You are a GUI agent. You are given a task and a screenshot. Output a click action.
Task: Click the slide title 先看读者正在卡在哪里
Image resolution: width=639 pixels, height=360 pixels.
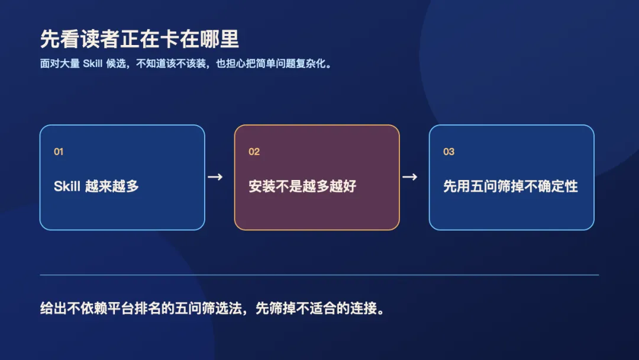140,39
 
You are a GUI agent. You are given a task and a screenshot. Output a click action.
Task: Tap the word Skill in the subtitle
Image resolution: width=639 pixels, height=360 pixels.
92,63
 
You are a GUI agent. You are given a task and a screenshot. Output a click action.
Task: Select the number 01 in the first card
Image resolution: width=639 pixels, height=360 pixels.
59,152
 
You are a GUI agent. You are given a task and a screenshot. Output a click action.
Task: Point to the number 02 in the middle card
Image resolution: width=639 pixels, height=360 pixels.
254,152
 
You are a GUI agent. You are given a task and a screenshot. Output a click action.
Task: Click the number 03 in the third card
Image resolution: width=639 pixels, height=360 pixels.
448,152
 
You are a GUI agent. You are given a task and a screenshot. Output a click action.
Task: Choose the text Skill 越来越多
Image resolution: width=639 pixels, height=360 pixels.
96,187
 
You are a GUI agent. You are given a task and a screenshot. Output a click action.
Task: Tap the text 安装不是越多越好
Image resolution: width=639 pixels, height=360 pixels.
302,187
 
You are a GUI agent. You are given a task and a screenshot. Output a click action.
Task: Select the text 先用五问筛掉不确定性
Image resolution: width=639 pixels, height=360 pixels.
511,187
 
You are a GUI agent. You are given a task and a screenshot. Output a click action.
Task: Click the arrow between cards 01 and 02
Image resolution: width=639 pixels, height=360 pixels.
215,177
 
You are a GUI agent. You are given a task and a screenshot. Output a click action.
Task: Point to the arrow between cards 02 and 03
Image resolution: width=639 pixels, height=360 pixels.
410,177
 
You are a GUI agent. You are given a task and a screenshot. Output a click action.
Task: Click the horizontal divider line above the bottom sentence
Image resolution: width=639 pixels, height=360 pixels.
319,275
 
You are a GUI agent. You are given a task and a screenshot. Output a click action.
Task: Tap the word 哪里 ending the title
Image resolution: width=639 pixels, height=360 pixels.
220,39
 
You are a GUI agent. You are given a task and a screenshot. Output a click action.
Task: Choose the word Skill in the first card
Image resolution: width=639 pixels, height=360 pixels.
67,187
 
